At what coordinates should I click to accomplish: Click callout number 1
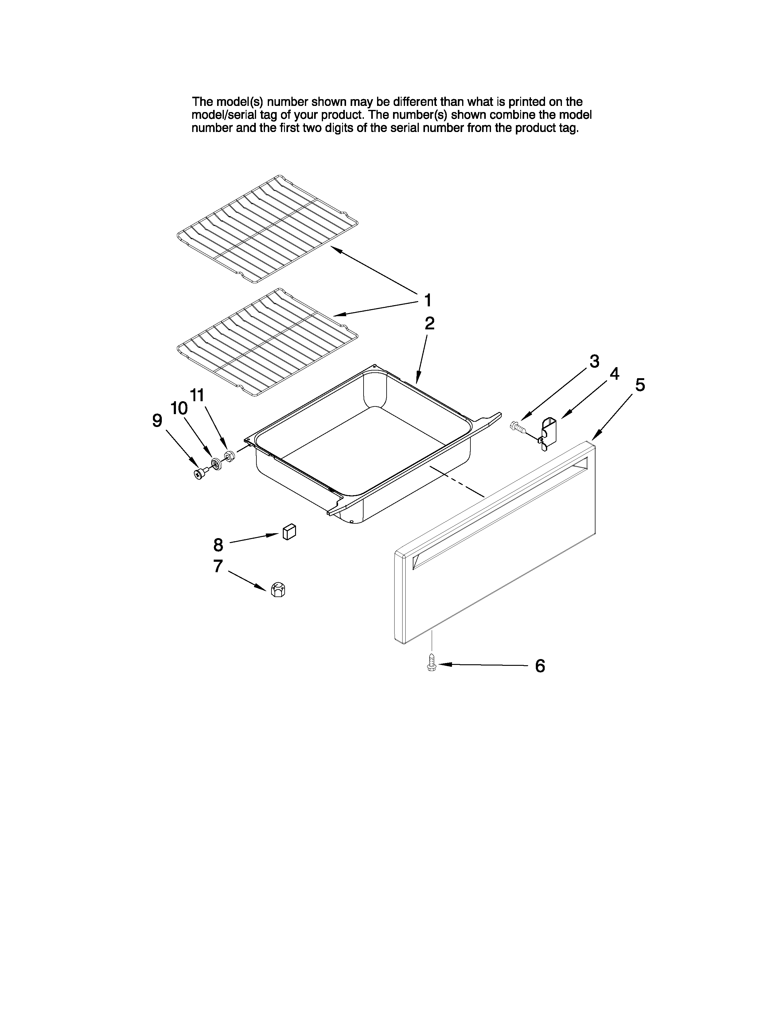pos(428,300)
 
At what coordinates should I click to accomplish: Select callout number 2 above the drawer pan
pos(430,323)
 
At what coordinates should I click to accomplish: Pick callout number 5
pos(640,385)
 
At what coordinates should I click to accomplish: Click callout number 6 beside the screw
pos(540,666)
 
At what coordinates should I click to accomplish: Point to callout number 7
pos(218,566)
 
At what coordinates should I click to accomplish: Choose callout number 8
pos(218,545)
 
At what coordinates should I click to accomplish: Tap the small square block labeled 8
pos(289,532)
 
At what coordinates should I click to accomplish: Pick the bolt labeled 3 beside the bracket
pos(516,425)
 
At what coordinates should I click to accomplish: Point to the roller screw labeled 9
pos(200,474)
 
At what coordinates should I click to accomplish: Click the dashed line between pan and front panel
pos(457,482)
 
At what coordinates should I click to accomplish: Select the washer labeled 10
pos(216,463)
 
